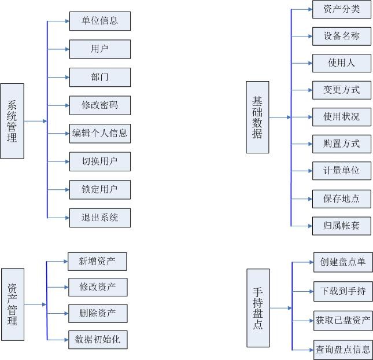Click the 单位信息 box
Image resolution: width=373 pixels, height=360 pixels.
pyautogui.click(x=99, y=21)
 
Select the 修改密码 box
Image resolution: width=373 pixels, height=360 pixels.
pyautogui.click(x=99, y=105)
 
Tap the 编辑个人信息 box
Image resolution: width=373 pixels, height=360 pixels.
pyautogui.click(x=99, y=133)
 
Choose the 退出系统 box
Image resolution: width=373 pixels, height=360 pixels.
pyautogui.click(x=99, y=218)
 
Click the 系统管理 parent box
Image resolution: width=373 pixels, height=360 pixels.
pyautogui.click(x=12, y=121)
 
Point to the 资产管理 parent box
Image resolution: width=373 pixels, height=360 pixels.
pyautogui.click(x=12, y=304)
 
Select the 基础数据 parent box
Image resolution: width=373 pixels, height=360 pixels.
pyautogui.click(x=257, y=117)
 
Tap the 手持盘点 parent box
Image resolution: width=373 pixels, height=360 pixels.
pyautogui.click(x=257, y=308)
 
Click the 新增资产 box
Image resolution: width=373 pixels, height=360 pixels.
pyautogui.click(x=97, y=261)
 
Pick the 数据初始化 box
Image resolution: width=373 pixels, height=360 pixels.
pyautogui.click(x=97, y=340)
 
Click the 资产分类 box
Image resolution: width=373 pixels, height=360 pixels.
pyautogui.click(x=341, y=9)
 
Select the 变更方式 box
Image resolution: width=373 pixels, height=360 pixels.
pyautogui.click(x=341, y=90)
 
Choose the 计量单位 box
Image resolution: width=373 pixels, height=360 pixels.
pyautogui.click(x=341, y=171)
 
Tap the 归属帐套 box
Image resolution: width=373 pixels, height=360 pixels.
pyautogui.click(x=341, y=225)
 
